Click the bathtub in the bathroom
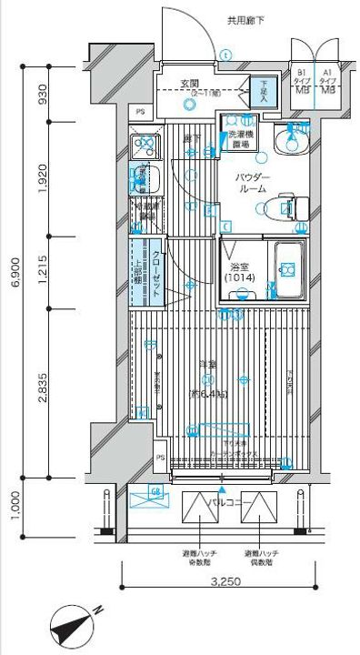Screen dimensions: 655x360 coord(289,269)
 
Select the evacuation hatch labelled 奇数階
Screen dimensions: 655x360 coord(198,514)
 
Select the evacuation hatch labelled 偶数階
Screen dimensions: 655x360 coord(257,514)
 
